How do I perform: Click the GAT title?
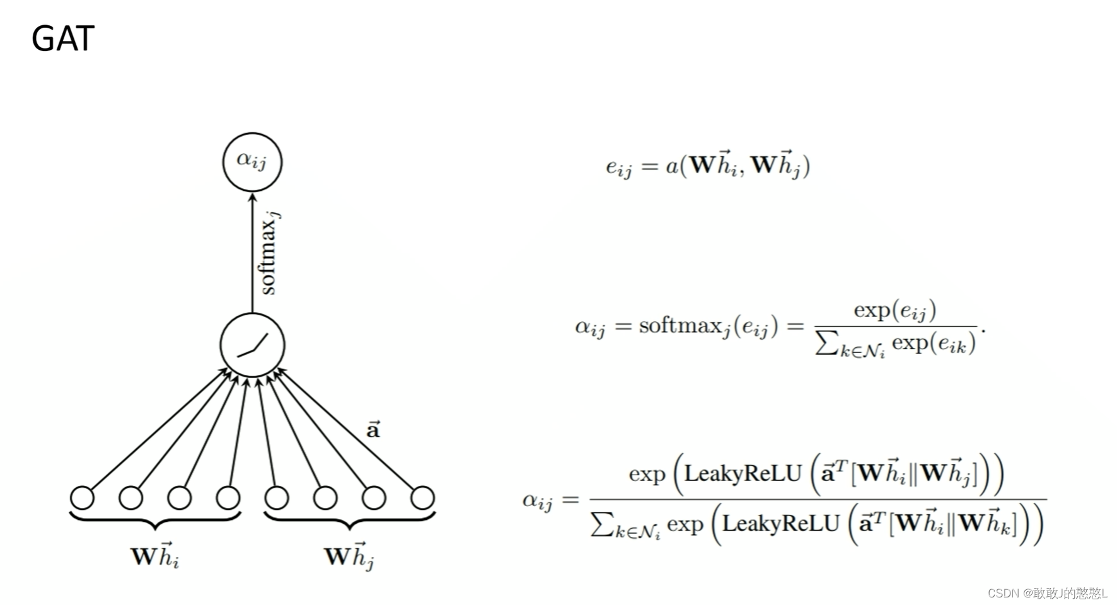(x=62, y=38)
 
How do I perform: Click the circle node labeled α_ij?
(x=252, y=161)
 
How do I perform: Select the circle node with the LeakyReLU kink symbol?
(x=252, y=345)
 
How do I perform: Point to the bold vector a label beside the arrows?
(x=373, y=430)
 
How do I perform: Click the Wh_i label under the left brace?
(x=155, y=555)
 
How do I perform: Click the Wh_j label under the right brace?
(x=349, y=555)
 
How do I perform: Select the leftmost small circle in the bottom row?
(x=82, y=497)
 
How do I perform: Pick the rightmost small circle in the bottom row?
(x=422, y=497)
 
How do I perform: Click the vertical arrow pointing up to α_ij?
(x=252, y=252)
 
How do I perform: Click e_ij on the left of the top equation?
(x=618, y=167)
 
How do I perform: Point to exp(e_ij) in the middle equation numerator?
(x=894, y=310)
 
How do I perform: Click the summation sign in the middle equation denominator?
(x=826, y=343)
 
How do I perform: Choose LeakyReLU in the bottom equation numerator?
(x=743, y=473)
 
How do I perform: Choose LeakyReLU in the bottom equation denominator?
(x=780, y=524)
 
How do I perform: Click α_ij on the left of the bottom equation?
(x=537, y=501)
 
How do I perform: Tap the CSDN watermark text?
(x=1047, y=593)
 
